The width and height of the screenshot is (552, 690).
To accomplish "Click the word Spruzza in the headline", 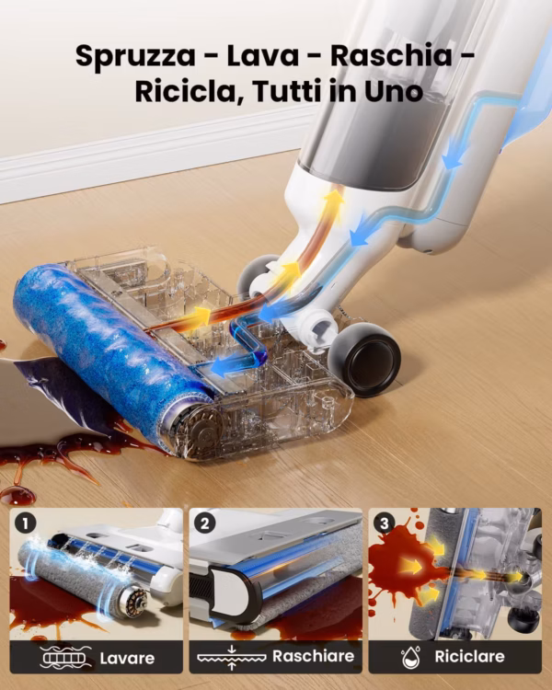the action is coord(135,56).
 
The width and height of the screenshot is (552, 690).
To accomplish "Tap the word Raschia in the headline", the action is coord(391,55).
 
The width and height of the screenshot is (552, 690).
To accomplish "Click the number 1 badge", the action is coord(25,523).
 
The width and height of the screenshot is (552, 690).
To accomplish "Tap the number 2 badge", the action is coord(204,523).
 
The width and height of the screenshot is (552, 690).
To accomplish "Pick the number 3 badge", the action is coord(385,523).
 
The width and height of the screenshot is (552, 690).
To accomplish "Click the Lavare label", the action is coord(127,659).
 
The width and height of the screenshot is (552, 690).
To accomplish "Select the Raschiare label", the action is coord(314,656).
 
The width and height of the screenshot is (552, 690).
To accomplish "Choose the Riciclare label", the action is coord(470,656).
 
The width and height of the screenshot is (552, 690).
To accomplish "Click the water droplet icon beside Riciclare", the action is coord(410,657).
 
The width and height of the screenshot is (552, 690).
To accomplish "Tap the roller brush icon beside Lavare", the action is coord(65,658).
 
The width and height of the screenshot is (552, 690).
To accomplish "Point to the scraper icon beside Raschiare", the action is coord(232,658).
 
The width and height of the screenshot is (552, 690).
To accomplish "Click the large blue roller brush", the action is coord(110,348).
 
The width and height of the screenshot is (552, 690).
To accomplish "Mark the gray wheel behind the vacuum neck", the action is coord(256,275).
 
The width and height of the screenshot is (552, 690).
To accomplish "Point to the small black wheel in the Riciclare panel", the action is coord(523,619).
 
